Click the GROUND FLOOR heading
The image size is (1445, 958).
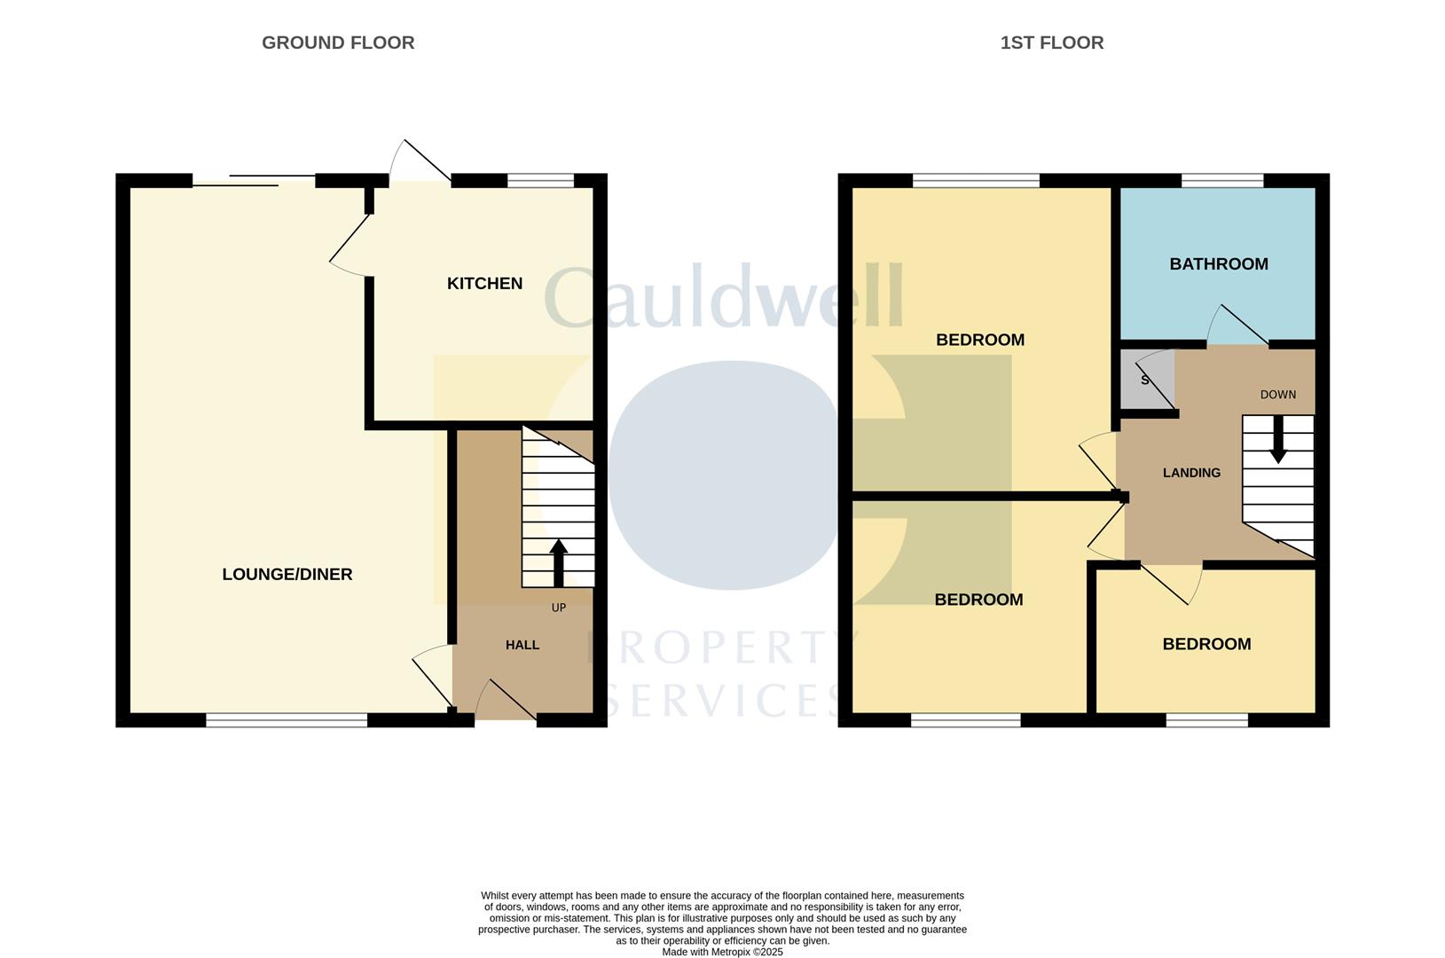[x=338, y=43]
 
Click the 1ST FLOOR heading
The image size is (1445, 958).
[x=1051, y=43]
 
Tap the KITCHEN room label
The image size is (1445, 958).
[x=484, y=283]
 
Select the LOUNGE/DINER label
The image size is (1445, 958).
[x=287, y=574]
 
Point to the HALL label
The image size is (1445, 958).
[x=522, y=645]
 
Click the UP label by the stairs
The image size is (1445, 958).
[x=558, y=608]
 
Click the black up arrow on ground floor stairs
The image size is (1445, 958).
[x=558, y=562]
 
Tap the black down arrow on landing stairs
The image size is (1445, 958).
[x=1277, y=440]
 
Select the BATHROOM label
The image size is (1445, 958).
[x=1218, y=263]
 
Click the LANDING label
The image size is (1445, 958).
[x=1191, y=473]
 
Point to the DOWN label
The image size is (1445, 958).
[x=1277, y=395]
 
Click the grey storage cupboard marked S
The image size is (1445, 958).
[x=1147, y=380]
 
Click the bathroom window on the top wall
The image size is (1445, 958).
[x=1221, y=181]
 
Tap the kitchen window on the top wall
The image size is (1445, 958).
[x=540, y=181]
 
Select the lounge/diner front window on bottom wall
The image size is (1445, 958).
[x=287, y=720]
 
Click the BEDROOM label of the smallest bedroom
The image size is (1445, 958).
[x=1206, y=644]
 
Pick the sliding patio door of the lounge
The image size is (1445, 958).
[x=254, y=181]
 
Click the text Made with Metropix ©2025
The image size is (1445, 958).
[x=722, y=952]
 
